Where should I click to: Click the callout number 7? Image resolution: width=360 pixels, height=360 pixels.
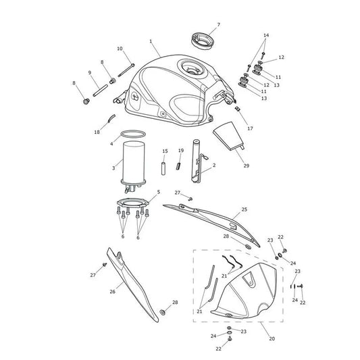pyautogui.click(x=219, y=24)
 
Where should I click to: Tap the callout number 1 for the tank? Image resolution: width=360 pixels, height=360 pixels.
pyautogui.click(x=151, y=41)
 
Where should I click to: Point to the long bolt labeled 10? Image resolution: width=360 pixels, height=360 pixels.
pyautogui.click(x=126, y=70)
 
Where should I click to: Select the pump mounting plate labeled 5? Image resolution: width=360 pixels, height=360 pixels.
pyautogui.click(x=132, y=203)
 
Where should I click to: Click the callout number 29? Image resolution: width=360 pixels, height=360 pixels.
pyautogui.click(x=246, y=165)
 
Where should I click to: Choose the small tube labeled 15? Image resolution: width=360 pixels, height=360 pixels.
pyautogui.click(x=163, y=169)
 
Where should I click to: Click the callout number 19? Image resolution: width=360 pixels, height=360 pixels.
pyautogui.click(x=181, y=151)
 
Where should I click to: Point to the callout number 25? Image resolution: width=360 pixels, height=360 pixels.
pyautogui.click(x=245, y=209)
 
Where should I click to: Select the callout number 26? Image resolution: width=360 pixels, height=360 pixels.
pyautogui.click(x=112, y=292)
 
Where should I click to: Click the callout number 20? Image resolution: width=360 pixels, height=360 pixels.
pyautogui.click(x=272, y=338)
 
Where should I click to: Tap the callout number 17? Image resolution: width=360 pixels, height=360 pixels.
pyautogui.click(x=250, y=128)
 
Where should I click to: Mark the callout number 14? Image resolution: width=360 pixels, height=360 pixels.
pyautogui.click(x=266, y=35)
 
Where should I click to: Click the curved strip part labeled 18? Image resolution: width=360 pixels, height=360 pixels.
pyautogui.click(x=111, y=118)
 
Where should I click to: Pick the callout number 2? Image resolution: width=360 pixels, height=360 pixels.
pyautogui.click(x=214, y=165)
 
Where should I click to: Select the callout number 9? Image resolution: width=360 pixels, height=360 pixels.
pyautogui.click(x=90, y=72)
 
